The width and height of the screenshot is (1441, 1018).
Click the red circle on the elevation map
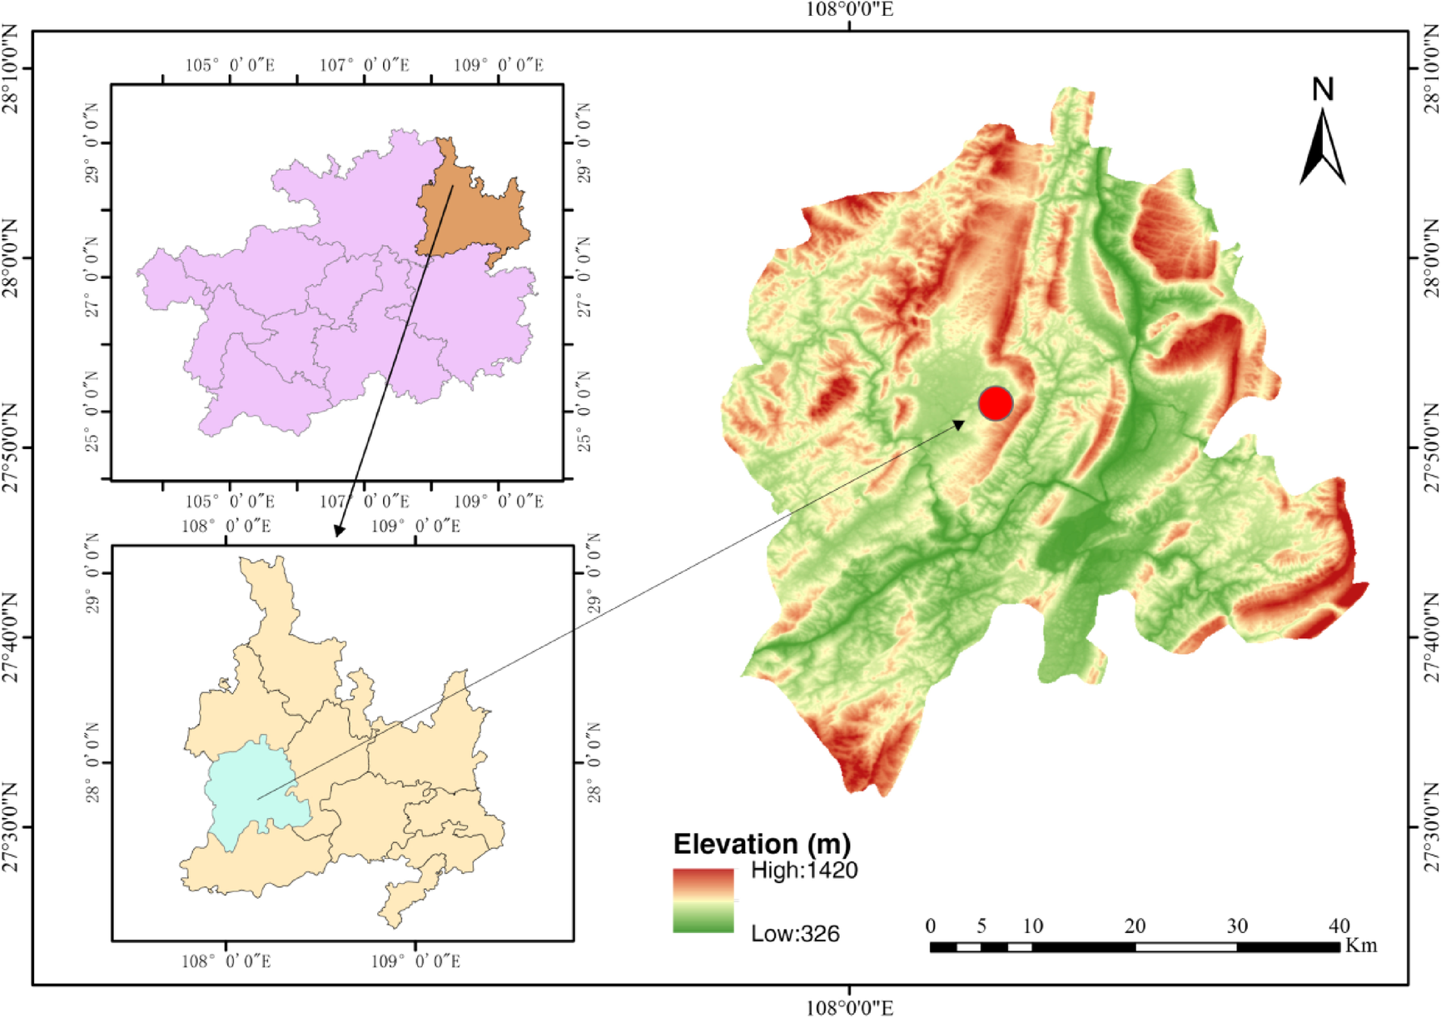click(995, 403)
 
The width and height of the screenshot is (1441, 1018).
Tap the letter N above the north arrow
click(1323, 89)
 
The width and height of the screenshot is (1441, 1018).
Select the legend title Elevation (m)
click(762, 844)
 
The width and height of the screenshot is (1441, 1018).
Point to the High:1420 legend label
click(803, 871)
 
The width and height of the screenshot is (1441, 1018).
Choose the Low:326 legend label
click(795, 934)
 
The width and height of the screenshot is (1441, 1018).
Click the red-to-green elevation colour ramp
click(703, 900)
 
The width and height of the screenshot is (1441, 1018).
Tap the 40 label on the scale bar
click(1339, 926)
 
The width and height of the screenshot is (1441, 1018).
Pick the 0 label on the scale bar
click(931, 926)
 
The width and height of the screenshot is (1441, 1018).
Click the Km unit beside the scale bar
click(1360, 946)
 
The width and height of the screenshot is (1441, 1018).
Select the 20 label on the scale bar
click(1135, 926)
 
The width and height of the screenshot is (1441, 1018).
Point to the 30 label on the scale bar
click(1237, 926)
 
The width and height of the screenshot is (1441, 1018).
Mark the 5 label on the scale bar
click(981, 926)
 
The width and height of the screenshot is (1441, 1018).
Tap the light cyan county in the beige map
click(250, 787)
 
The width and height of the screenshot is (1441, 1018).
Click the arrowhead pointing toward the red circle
click(960, 425)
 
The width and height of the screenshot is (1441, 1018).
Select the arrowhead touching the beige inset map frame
click(338, 531)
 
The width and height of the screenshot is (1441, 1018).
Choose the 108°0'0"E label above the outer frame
click(850, 10)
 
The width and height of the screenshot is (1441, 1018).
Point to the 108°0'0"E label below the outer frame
click(850, 1008)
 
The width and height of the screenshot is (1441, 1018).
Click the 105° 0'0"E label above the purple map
click(230, 65)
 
